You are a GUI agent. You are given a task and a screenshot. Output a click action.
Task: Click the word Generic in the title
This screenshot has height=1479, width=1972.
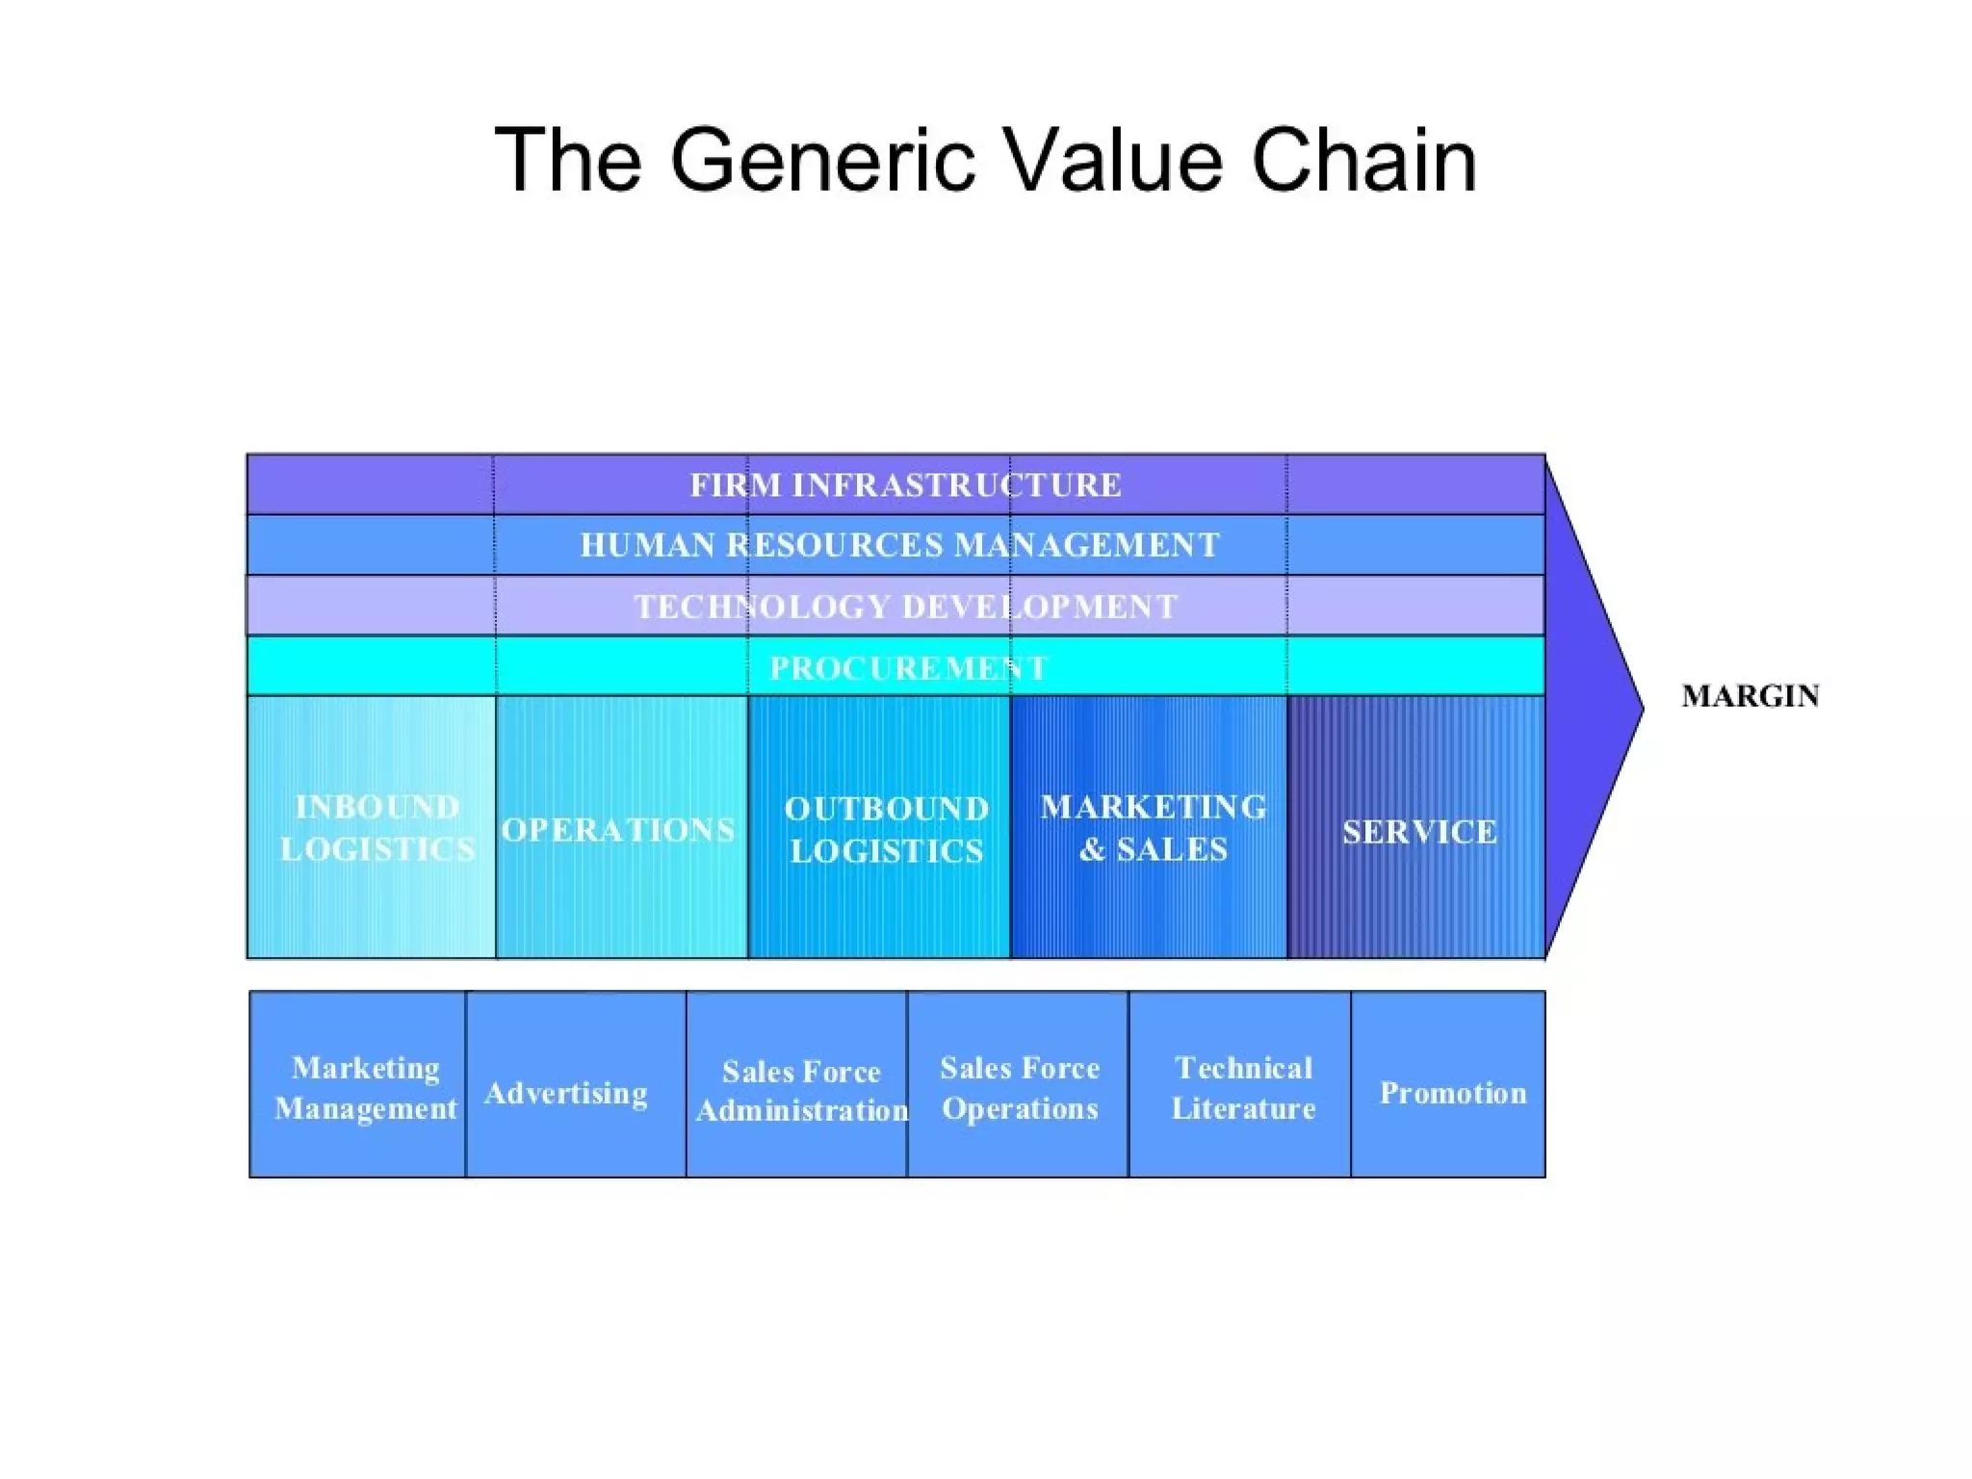click(822, 161)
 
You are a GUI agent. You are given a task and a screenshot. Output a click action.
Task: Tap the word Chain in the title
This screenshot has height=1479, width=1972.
click(1363, 161)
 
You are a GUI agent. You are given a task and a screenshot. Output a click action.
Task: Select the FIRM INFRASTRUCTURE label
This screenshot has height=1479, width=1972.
click(905, 484)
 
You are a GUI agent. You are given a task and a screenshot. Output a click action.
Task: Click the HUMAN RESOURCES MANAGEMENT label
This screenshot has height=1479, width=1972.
click(899, 545)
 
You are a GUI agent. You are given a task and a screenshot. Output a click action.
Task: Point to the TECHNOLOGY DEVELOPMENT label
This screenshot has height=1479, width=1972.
click(905, 607)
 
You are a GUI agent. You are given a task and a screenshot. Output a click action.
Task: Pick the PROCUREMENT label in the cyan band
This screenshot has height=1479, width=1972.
click(907, 667)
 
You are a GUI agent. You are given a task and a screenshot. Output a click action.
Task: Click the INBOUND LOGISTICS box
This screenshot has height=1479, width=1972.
click(373, 827)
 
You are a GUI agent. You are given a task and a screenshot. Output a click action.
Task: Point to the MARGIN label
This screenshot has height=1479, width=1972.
click(1750, 695)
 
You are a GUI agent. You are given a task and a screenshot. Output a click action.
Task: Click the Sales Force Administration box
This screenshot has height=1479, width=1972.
click(799, 1090)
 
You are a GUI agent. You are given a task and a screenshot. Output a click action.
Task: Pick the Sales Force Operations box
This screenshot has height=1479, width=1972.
click(1019, 1087)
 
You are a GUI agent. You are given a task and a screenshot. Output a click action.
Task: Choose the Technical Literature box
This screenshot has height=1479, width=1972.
click(1242, 1087)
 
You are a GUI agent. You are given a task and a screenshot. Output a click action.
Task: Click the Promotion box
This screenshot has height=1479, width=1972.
click(1452, 1093)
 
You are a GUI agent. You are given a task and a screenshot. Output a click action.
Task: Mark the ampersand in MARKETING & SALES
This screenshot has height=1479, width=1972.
click(1092, 849)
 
